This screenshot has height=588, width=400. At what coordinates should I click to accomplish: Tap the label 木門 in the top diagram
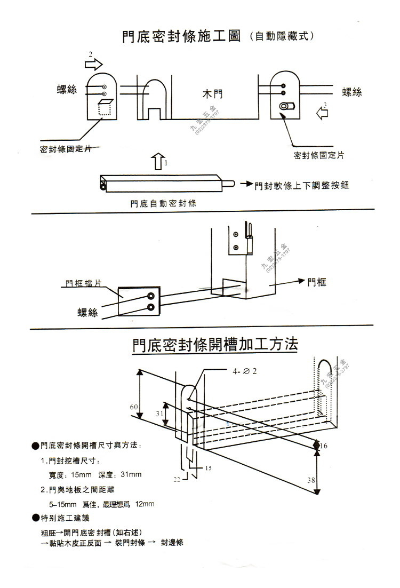[x=212, y=95]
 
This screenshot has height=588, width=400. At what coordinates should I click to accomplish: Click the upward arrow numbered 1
[x=158, y=161]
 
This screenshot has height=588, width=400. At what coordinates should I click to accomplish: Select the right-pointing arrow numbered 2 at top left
[x=93, y=65]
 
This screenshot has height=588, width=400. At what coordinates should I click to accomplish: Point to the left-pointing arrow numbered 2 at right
[x=322, y=113]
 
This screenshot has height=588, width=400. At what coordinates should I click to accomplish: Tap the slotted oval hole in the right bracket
[x=287, y=106]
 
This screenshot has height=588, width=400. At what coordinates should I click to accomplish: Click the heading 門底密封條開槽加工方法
[x=215, y=345]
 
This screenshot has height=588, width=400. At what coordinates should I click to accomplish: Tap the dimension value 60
[x=133, y=407]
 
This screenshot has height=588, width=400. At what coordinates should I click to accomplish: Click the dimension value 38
[x=311, y=480]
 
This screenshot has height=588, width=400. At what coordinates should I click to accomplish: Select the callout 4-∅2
[x=245, y=371]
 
